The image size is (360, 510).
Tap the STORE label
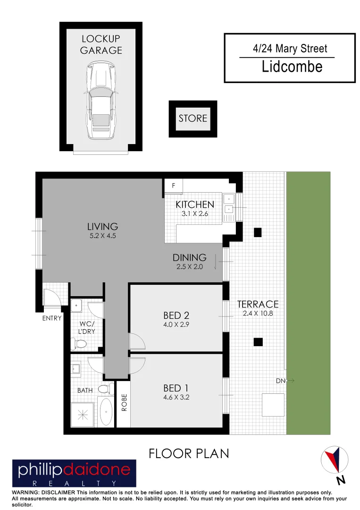coord(193,118)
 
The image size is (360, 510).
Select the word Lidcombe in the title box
coord(292,67)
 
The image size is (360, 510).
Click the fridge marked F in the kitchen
coord(173,186)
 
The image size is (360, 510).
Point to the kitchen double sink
coord(229,203)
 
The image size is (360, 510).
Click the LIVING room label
coord(103,226)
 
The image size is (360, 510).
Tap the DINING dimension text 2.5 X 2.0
coord(189,267)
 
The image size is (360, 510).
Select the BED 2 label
coord(176,315)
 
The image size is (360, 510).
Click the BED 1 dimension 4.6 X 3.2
coord(176,397)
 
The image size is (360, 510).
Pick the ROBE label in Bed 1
coord(124,403)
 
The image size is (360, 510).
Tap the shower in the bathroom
coord(83,415)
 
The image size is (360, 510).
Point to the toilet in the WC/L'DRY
coord(79,343)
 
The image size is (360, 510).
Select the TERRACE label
coord(258,305)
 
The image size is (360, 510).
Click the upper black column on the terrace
coord(258,232)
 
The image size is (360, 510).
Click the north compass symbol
coord(335,460)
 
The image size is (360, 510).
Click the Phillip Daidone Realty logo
coord(74,473)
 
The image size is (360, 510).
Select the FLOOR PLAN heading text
coord(189,453)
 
